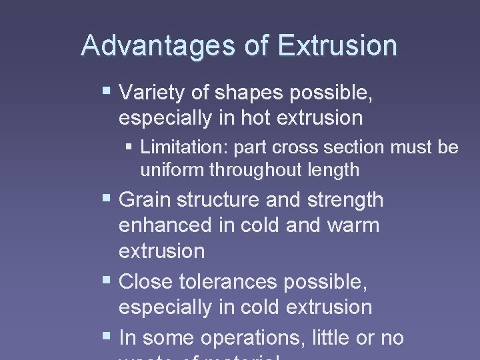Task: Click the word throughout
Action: pyautogui.click(x=258, y=170)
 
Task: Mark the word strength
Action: pyautogui.click(x=345, y=199)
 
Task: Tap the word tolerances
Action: pyautogui.click(x=228, y=282)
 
